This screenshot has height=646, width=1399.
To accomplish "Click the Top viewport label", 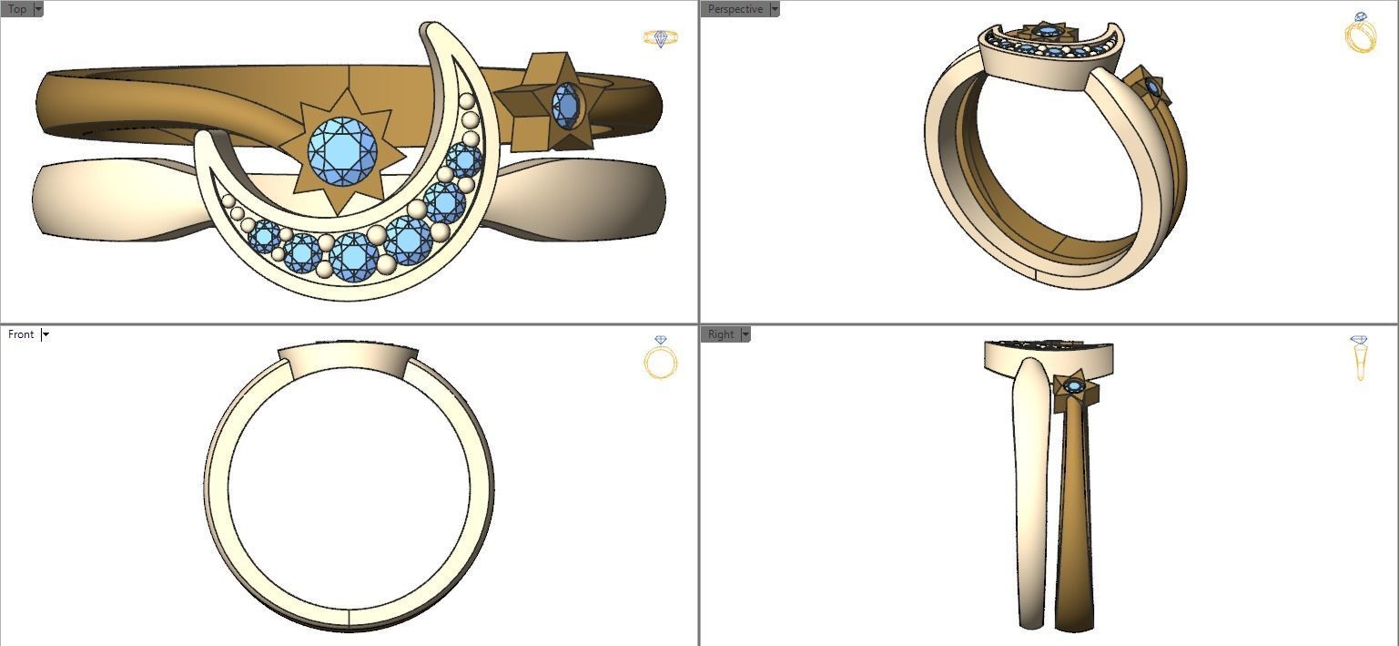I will click(16, 9).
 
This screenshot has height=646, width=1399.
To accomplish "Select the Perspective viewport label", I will click(735, 9).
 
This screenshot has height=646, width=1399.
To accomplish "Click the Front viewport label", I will click(20, 334).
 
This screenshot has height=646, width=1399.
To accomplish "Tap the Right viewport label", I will click(720, 334).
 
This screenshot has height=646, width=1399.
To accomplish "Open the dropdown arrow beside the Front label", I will click(46, 334).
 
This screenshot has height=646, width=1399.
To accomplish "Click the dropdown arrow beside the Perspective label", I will click(775, 9).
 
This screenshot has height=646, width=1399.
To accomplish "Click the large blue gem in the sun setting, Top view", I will click(341, 149).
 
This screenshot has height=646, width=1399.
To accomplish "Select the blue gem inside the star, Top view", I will click(566, 106).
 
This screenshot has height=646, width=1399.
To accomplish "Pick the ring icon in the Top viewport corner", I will click(660, 38).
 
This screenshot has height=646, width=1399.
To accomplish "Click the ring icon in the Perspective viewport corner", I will click(1360, 34).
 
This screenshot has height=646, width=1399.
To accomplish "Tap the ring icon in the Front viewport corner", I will click(660, 357).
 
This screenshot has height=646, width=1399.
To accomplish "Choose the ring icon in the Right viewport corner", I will click(1360, 357).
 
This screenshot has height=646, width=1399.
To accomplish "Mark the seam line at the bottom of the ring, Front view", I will click(350, 618).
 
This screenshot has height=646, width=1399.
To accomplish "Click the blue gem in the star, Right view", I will click(1074, 387).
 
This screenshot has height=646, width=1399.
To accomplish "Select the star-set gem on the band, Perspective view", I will click(1152, 87).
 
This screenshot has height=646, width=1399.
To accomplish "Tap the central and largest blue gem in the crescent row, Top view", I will click(354, 256).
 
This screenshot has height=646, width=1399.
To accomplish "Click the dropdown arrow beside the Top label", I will click(38, 9).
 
